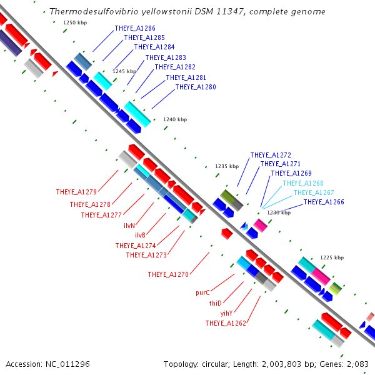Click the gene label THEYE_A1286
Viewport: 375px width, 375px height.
click(x=135, y=29)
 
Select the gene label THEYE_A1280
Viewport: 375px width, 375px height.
click(x=196, y=87)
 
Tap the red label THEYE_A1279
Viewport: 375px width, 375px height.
click(x=76, y=192)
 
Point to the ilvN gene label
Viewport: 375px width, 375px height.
click(x=129, y=225)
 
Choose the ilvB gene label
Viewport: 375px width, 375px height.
click(x=140, y=235)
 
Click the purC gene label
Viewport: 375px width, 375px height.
click(x=202, y=292)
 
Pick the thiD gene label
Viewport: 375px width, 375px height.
click(x=215, y=302)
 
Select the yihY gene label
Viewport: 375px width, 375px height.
click(x=226, y=312)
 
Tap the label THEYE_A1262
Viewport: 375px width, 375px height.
click(x=226, y=323)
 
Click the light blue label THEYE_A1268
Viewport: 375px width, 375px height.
click(x=303, y=183)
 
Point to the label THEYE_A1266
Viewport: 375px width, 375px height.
click(x=324, y=202)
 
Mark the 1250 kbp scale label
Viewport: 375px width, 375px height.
click(x=74, y=22)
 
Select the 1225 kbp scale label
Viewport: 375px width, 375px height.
click(x=331, y=257)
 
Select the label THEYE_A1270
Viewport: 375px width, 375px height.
click(x=168, y=274)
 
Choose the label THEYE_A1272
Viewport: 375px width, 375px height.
click(x=271, y=155)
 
